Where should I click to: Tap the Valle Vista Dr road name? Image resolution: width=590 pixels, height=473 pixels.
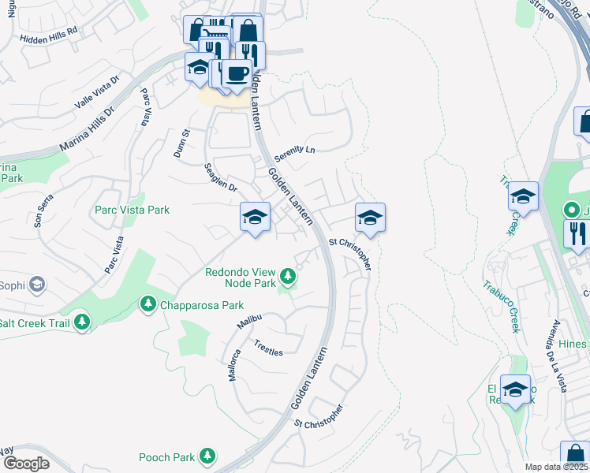click(x=96, y=92)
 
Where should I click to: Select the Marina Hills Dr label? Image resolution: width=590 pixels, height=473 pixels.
click(x=88, y=130)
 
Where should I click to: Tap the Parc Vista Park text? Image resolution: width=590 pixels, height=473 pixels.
click(x=132, y=210)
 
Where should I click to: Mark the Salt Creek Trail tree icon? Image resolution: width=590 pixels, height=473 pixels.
click(x=81, y=322)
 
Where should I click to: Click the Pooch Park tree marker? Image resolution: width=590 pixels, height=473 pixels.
click(x=207, y=456)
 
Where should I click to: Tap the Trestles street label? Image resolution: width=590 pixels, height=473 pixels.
click(x=268, y=348)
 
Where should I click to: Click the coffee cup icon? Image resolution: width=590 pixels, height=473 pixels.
click(x=237, y=73)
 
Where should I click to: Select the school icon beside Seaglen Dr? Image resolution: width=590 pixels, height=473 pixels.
click(x=255, y=217)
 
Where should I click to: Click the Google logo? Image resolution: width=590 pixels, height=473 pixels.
click(x=25, y=463)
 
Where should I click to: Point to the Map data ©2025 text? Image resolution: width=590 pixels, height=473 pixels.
click(x=556, y=467)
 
